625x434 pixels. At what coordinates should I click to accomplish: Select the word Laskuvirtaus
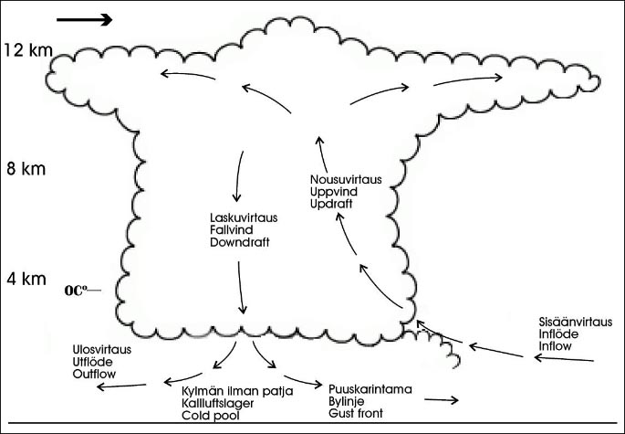pyautogui.click(x=244, y=218)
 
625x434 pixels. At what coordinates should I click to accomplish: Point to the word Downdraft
pyautogui.click(x=238, y=244)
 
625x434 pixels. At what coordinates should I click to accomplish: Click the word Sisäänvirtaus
pyautogui.click(x=576, y=323)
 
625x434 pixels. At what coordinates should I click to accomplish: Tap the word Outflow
pyautogui.click(x=94, y=374)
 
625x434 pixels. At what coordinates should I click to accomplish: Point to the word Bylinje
pyautogui.click(x=346, y=401)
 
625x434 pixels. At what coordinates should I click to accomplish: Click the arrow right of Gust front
pyautogui.click(x=439, y=400)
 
